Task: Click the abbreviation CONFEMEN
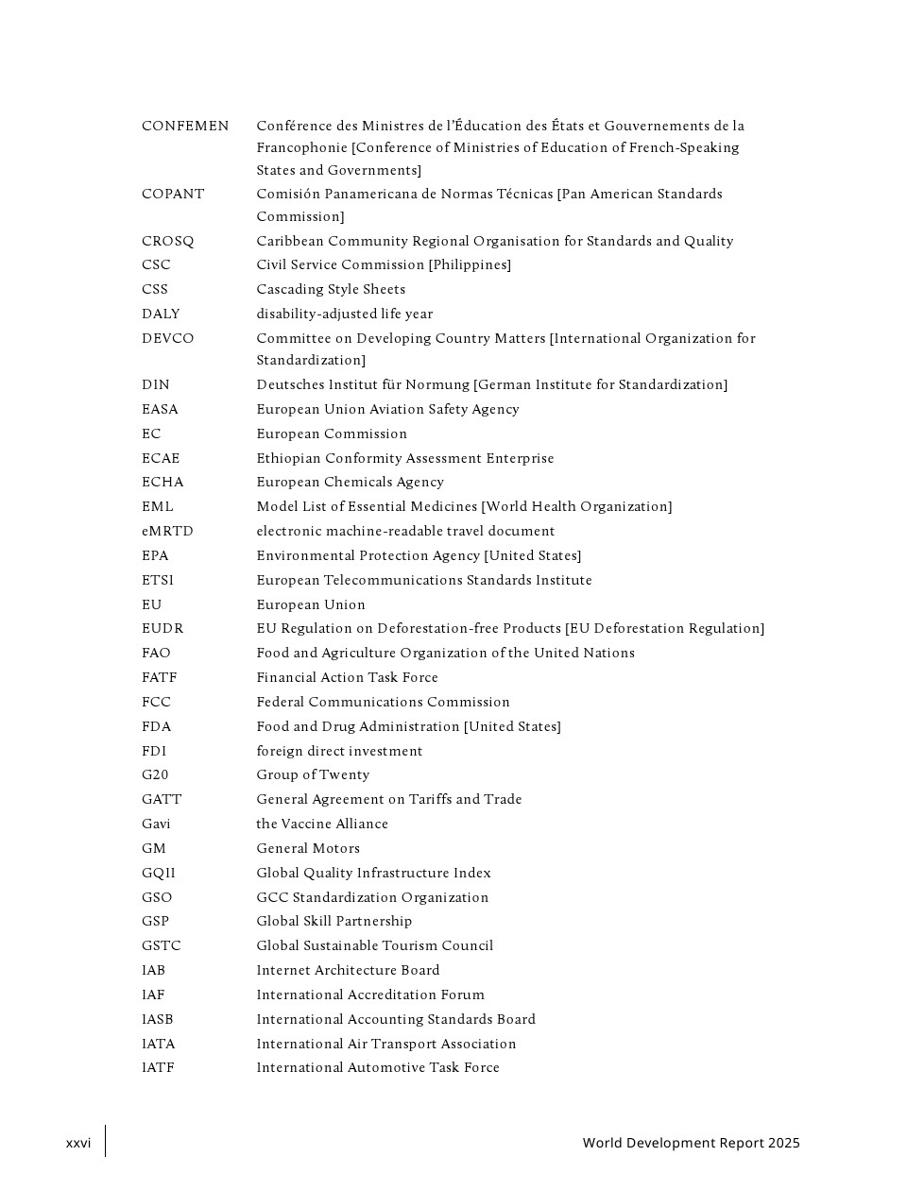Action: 185,126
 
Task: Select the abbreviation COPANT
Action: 173,194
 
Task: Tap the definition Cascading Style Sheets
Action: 331,289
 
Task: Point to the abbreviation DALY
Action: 161,314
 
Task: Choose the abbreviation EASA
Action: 160,409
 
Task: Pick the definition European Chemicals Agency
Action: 350,482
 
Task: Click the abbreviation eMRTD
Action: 167,531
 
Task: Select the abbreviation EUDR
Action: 163,628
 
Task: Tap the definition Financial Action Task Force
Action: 347,677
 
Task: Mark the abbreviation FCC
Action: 156,702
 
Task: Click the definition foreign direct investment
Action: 339,751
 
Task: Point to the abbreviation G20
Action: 155,774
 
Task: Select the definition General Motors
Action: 308,848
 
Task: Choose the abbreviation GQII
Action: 159,873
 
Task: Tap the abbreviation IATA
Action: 159,1044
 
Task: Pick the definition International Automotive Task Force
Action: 378,1067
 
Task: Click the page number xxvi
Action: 78,1143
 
